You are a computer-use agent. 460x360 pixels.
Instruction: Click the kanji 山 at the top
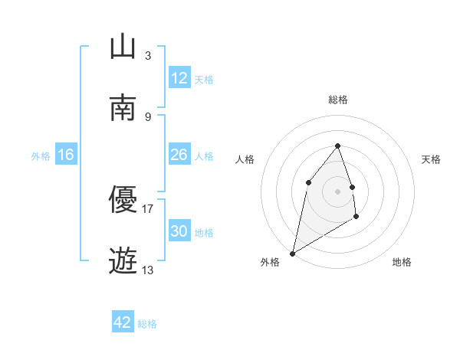pos(123,47)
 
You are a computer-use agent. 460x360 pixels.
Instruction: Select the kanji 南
pos(123,108)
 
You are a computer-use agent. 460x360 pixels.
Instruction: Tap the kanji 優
pos(123,200)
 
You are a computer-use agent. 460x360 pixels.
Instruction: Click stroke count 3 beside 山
pos(148,55)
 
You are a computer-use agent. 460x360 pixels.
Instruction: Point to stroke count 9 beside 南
pos(148,116)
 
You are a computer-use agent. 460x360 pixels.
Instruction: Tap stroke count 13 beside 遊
pos(148,270)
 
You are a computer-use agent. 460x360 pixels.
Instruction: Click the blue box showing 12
pos(179,78)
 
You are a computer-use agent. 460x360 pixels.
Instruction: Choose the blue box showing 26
pos(179,155)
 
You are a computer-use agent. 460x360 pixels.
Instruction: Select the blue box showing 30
pos(179,231)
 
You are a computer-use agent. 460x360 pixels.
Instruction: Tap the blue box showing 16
pos(65,155)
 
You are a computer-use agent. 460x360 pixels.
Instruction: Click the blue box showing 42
pos(123,322)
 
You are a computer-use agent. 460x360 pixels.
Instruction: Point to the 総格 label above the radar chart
pos(337,100)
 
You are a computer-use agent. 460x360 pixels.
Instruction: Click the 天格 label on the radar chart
pos(432,159)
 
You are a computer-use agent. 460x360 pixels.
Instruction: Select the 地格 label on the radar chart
pos(402,262)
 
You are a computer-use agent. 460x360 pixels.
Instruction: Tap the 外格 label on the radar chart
pos(270,262)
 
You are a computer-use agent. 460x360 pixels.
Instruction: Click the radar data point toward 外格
pos(292,253)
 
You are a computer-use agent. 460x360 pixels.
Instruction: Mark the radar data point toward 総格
pos(337,146)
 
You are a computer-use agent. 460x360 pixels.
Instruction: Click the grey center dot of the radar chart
pos(337,191)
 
